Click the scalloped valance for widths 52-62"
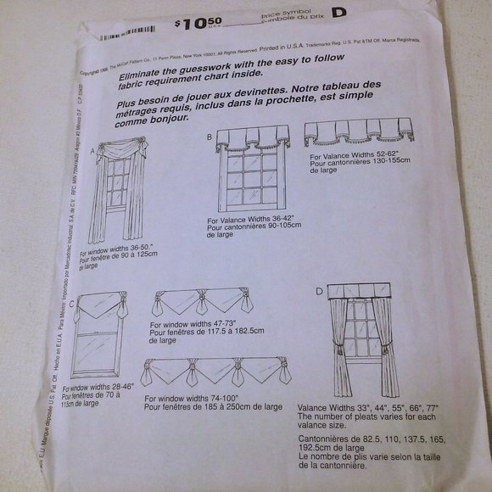(358, 131)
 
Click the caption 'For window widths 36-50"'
(123, 252)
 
